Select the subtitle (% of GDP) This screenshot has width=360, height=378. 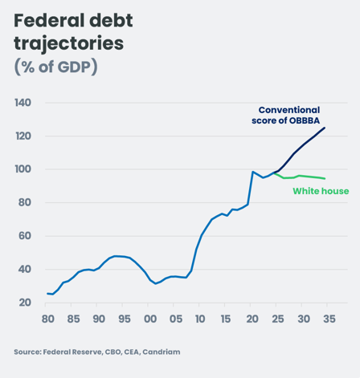[55, 67]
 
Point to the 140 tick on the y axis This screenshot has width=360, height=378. [23, 103]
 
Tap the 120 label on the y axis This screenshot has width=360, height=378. [23, 136]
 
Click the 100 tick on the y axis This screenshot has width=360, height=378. [23, 169]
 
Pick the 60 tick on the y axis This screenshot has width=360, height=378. [26, 236]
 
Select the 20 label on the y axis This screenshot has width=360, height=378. [26, 303]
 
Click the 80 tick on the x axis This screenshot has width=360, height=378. [47, 319]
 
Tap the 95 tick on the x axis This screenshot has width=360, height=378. [124, 319]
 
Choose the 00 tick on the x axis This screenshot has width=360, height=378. [149, 319]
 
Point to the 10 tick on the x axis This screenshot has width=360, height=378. [200, 319]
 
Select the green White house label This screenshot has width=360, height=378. [319, 191]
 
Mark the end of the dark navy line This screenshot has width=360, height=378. [325, 128]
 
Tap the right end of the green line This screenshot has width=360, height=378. [325, 178]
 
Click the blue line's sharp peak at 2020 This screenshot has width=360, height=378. [252, 172]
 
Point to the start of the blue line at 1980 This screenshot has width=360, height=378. [47, 294]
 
